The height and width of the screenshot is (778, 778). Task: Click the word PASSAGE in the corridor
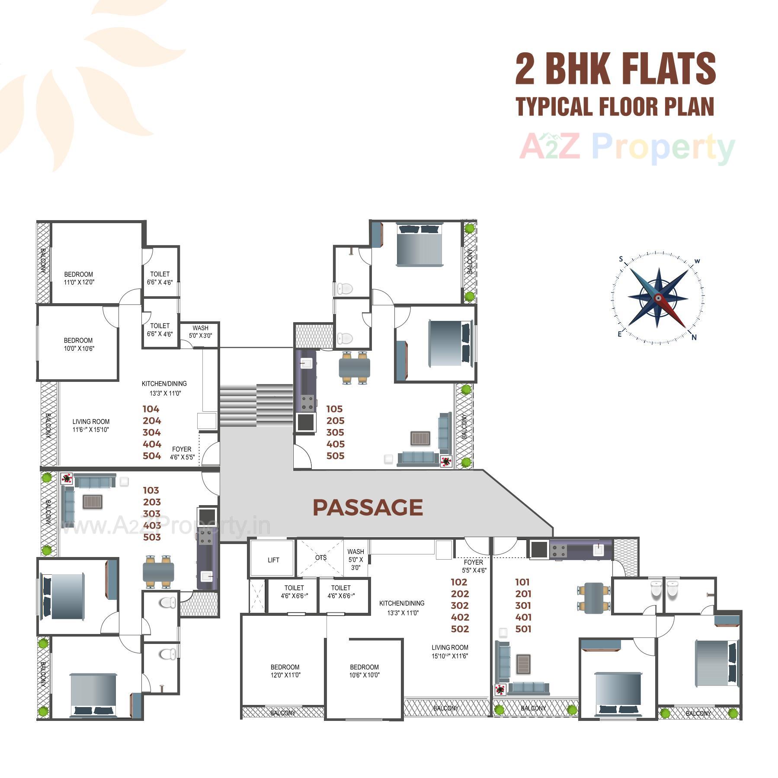[368, 507]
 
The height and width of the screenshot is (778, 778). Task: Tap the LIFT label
[273, 560]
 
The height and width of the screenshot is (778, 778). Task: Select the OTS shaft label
[320, 557]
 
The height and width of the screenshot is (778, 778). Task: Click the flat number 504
[152, 456]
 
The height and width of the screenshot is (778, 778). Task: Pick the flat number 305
[335, 432]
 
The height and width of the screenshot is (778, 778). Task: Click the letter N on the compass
[694, 338]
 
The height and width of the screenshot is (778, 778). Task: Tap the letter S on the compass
[621, 259]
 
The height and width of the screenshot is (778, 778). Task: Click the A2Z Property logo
[627, 148]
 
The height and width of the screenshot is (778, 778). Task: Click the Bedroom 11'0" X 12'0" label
[79, 278]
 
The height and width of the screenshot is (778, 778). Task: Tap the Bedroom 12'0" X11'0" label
[285, 671]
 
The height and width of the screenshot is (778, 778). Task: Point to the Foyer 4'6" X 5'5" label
[182, 453]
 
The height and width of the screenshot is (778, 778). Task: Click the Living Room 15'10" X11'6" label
[450, 651]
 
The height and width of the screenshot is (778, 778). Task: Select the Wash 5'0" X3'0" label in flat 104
[200, 332]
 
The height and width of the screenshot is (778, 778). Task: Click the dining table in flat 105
[355, 368]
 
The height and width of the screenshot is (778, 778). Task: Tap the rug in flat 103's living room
[93, 502]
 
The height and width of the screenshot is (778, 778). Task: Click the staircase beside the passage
[256, 405]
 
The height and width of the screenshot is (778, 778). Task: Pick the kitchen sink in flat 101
[599, 550]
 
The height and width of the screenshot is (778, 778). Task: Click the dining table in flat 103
[158, 572]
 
